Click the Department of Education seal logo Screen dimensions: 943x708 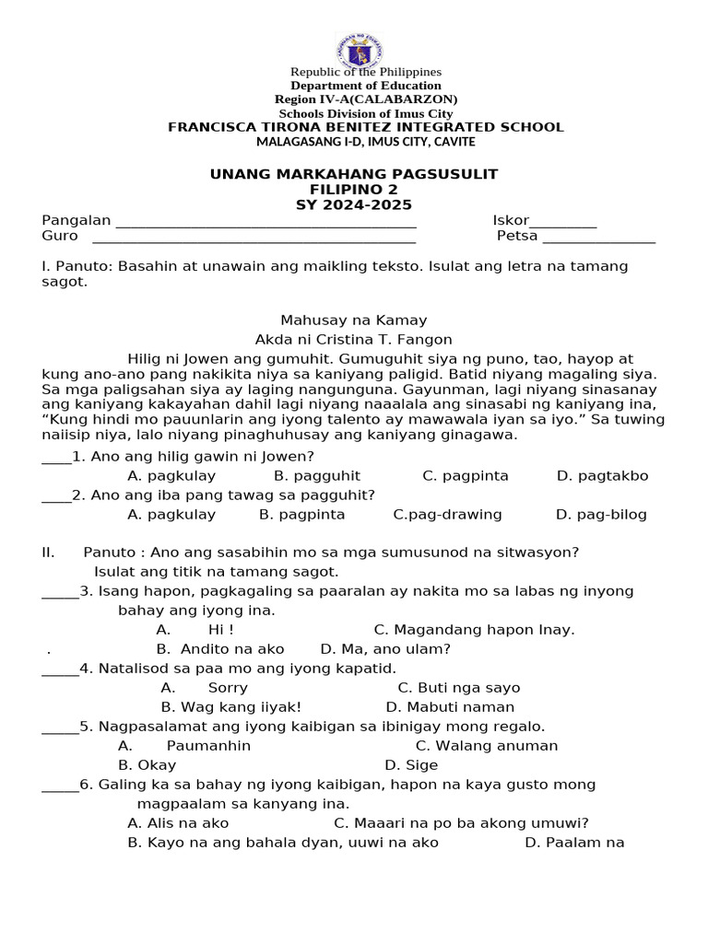pyautogui.click(x=360, y=52)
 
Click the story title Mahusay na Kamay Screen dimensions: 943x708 pyautogui.click(x=354, y=320)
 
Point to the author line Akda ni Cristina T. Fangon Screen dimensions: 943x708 pyautogui.click(x=354, y=340)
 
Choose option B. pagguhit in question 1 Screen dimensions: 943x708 pyautogui.click(x=317, y=476)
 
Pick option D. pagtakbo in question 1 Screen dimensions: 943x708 pyautogui.click(x=603, y=476)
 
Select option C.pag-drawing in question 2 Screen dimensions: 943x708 pyautogui.click(x=447, y=515)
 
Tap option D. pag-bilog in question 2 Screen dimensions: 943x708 pyautogui.click(x=601, y=515)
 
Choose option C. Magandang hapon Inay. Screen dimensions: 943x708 pyautogui.click(x=474, y=630)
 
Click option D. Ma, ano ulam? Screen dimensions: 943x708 pyautogui.click(x=385, y=649)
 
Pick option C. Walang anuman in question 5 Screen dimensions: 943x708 pyautogui.click(x=486, y=746)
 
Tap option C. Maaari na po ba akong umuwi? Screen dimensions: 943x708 pyautogui.click(x=461, y=823)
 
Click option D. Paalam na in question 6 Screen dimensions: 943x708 pyautogui.click(x=574, y=843)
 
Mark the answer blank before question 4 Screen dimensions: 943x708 pyautogui.click(x=60, y=670)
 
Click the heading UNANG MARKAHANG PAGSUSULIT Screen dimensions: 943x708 pyautogui.click(x=354, y=174)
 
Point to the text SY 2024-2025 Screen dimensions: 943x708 pyautogui.click(x=354, y=205)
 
